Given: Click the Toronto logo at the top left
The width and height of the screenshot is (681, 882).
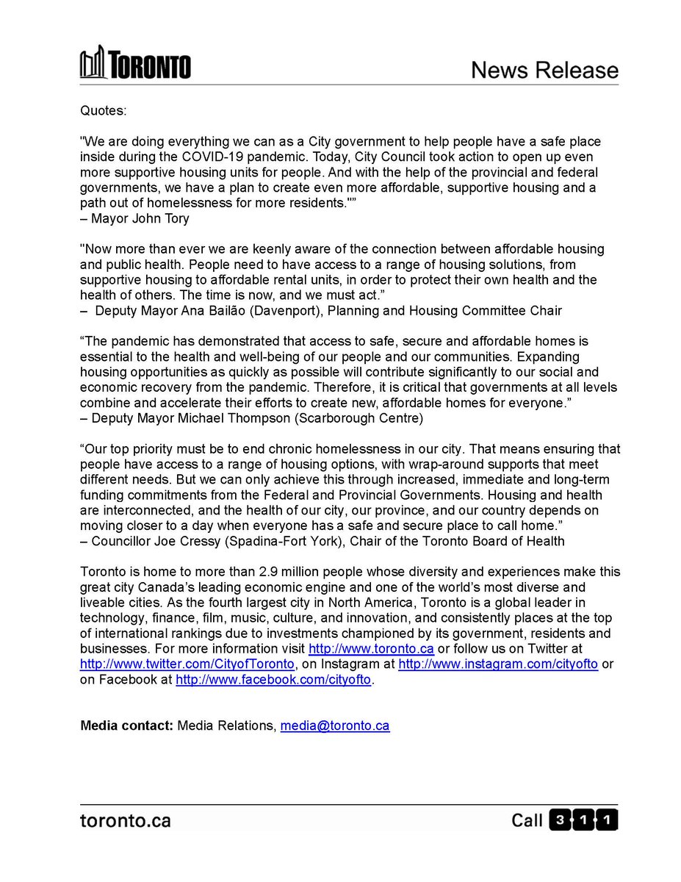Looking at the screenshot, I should pos(135,62).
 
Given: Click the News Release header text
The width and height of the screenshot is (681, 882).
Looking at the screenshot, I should pos(544,70).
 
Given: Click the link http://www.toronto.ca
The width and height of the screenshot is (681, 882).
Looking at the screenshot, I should pos(371,649).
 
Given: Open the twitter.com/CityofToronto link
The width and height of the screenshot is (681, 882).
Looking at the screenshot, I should pos(187,664).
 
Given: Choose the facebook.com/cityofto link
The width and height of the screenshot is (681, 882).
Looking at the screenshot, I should pos(274,680).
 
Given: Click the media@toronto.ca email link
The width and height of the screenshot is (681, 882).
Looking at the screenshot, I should pos(335,726).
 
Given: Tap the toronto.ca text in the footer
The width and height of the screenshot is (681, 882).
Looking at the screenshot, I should pos(125,820).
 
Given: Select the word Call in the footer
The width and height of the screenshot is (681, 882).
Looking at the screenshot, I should pos(527,820).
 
